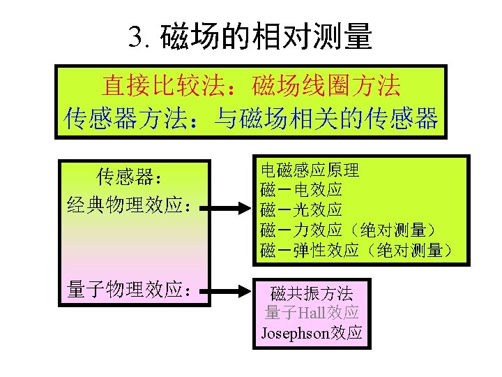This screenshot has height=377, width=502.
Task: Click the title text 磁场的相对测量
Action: coord(266,37)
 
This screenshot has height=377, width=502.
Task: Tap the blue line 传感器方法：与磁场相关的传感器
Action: coord(251,118)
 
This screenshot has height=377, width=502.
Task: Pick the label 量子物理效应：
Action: coord(129,290)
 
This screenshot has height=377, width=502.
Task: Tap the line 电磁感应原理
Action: coord(310,170)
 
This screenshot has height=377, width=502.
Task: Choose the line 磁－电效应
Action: coord(301,189)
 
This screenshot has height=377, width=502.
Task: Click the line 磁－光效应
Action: coord(301,209)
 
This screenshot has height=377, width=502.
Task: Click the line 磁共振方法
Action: coord(312,293)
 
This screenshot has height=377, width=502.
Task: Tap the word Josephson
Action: coord(294,332)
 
